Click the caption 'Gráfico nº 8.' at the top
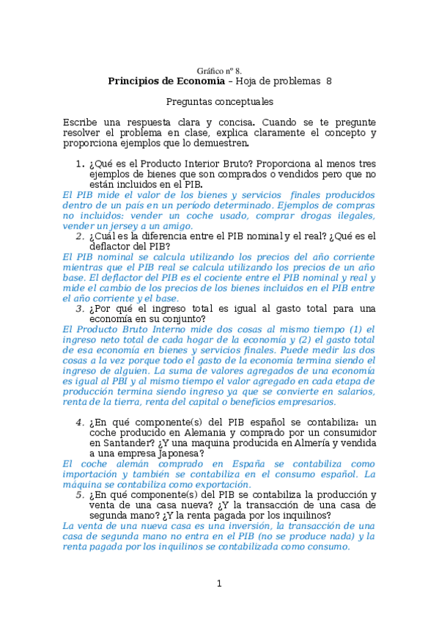(219, 70)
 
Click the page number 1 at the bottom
(218, 583)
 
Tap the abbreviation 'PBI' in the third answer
(120, 381)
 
